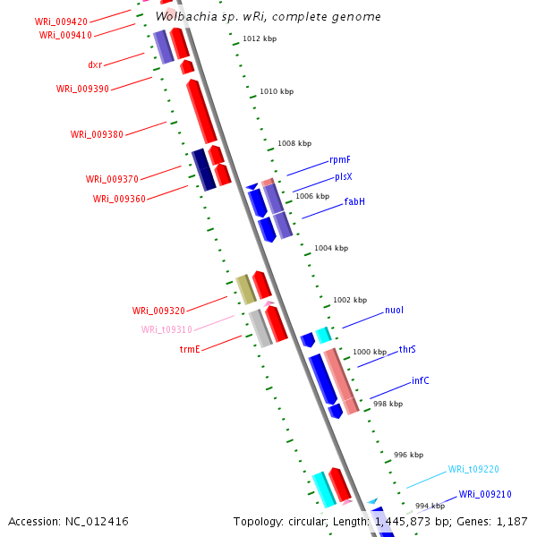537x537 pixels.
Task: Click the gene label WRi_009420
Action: point(61,21)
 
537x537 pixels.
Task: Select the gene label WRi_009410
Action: point(65,35)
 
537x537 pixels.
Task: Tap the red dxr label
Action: point(95,64)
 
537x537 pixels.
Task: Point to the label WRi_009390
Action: point(82,89)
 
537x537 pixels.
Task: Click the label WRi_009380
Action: point(97,134)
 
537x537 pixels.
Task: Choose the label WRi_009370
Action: point(112,179)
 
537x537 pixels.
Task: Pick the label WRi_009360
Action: point(119,199)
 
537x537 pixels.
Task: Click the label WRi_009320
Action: point(158,311)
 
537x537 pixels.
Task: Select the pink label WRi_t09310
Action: point(166,329)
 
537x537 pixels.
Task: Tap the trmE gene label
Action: point(190,349)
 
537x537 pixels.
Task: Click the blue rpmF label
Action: point(340,159)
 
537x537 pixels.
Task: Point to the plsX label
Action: point(344,177)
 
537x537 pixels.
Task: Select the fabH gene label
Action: point(354,202)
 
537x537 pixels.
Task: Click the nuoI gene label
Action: point(394,311)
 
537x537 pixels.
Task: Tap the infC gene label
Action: point(420,380)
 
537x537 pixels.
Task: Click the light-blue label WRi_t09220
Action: point(473,469)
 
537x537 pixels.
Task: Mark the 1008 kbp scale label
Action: point(294,143)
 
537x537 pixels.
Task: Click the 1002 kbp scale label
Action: point(350,300)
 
